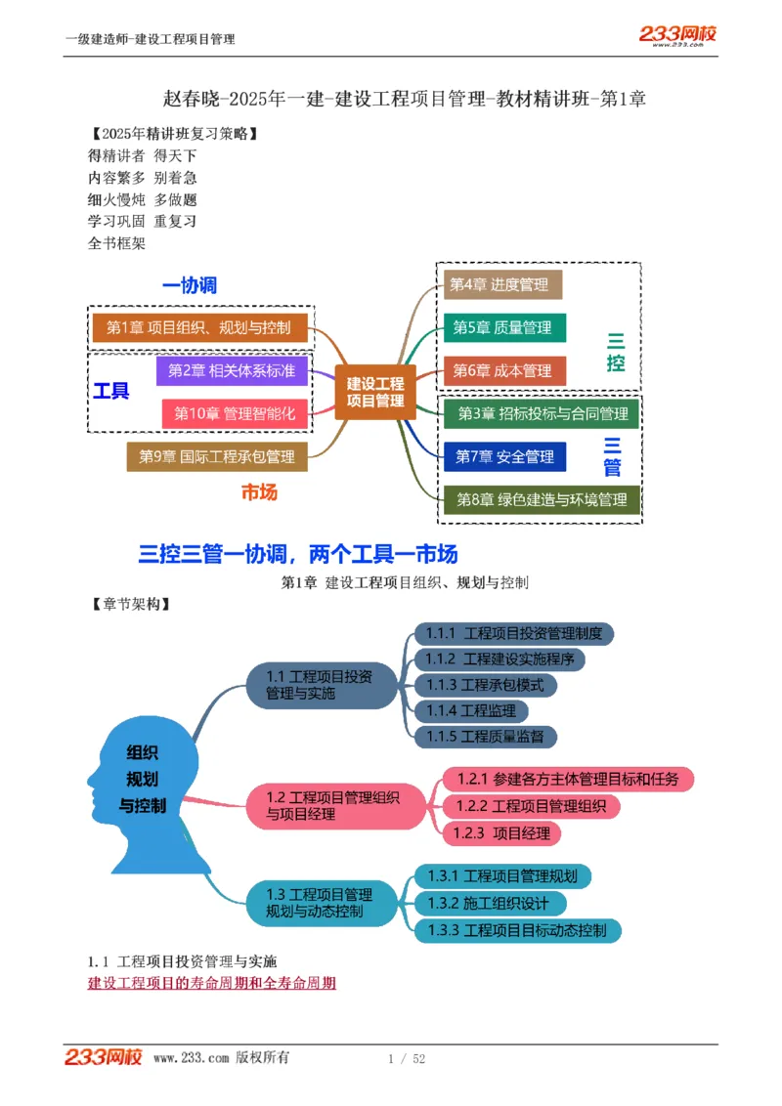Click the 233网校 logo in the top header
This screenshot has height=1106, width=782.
(x=678, y=35)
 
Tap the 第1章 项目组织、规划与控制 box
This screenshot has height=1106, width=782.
(x=200, y=327)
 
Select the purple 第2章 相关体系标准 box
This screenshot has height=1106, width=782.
(x=232, y=370)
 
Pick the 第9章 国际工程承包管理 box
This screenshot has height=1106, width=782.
(x=217, y=456)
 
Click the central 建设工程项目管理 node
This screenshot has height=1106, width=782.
(x=375, y=393)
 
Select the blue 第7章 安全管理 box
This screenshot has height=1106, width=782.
(x=504, y=456)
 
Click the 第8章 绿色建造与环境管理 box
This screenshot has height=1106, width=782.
(x=542, y=500)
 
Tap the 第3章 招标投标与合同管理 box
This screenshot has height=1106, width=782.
(x=542, y=414)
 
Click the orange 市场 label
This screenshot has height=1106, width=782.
(x=260, y=491)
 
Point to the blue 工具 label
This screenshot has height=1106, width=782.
(x=111, y=391)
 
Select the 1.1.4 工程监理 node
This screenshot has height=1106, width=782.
(x=472, y=710)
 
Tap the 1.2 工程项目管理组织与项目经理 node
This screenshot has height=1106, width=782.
(x=332, y=806)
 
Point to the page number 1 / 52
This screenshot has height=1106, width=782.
(x=407, y=1058)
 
